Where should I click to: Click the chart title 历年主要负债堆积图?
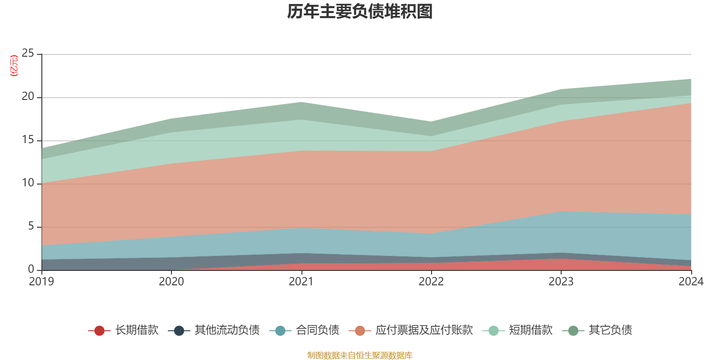point(360,12)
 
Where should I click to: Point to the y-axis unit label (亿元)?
point(14,66)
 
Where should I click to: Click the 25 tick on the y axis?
point(28,54)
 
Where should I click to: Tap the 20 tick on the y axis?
point(28,97)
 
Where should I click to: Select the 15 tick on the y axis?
point(28,140)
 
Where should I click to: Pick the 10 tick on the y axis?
point(28,183)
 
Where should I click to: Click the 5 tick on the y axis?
point(31,226)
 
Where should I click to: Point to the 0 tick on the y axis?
point(31,269)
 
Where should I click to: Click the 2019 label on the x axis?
point(41,282)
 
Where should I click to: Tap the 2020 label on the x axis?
point(171,282)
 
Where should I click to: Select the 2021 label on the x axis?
point(301,282)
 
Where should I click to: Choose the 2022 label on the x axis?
point(431,282)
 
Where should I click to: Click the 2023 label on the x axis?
point(561,282)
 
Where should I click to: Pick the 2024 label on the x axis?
point(691,282)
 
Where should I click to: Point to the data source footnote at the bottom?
point(360,355)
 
